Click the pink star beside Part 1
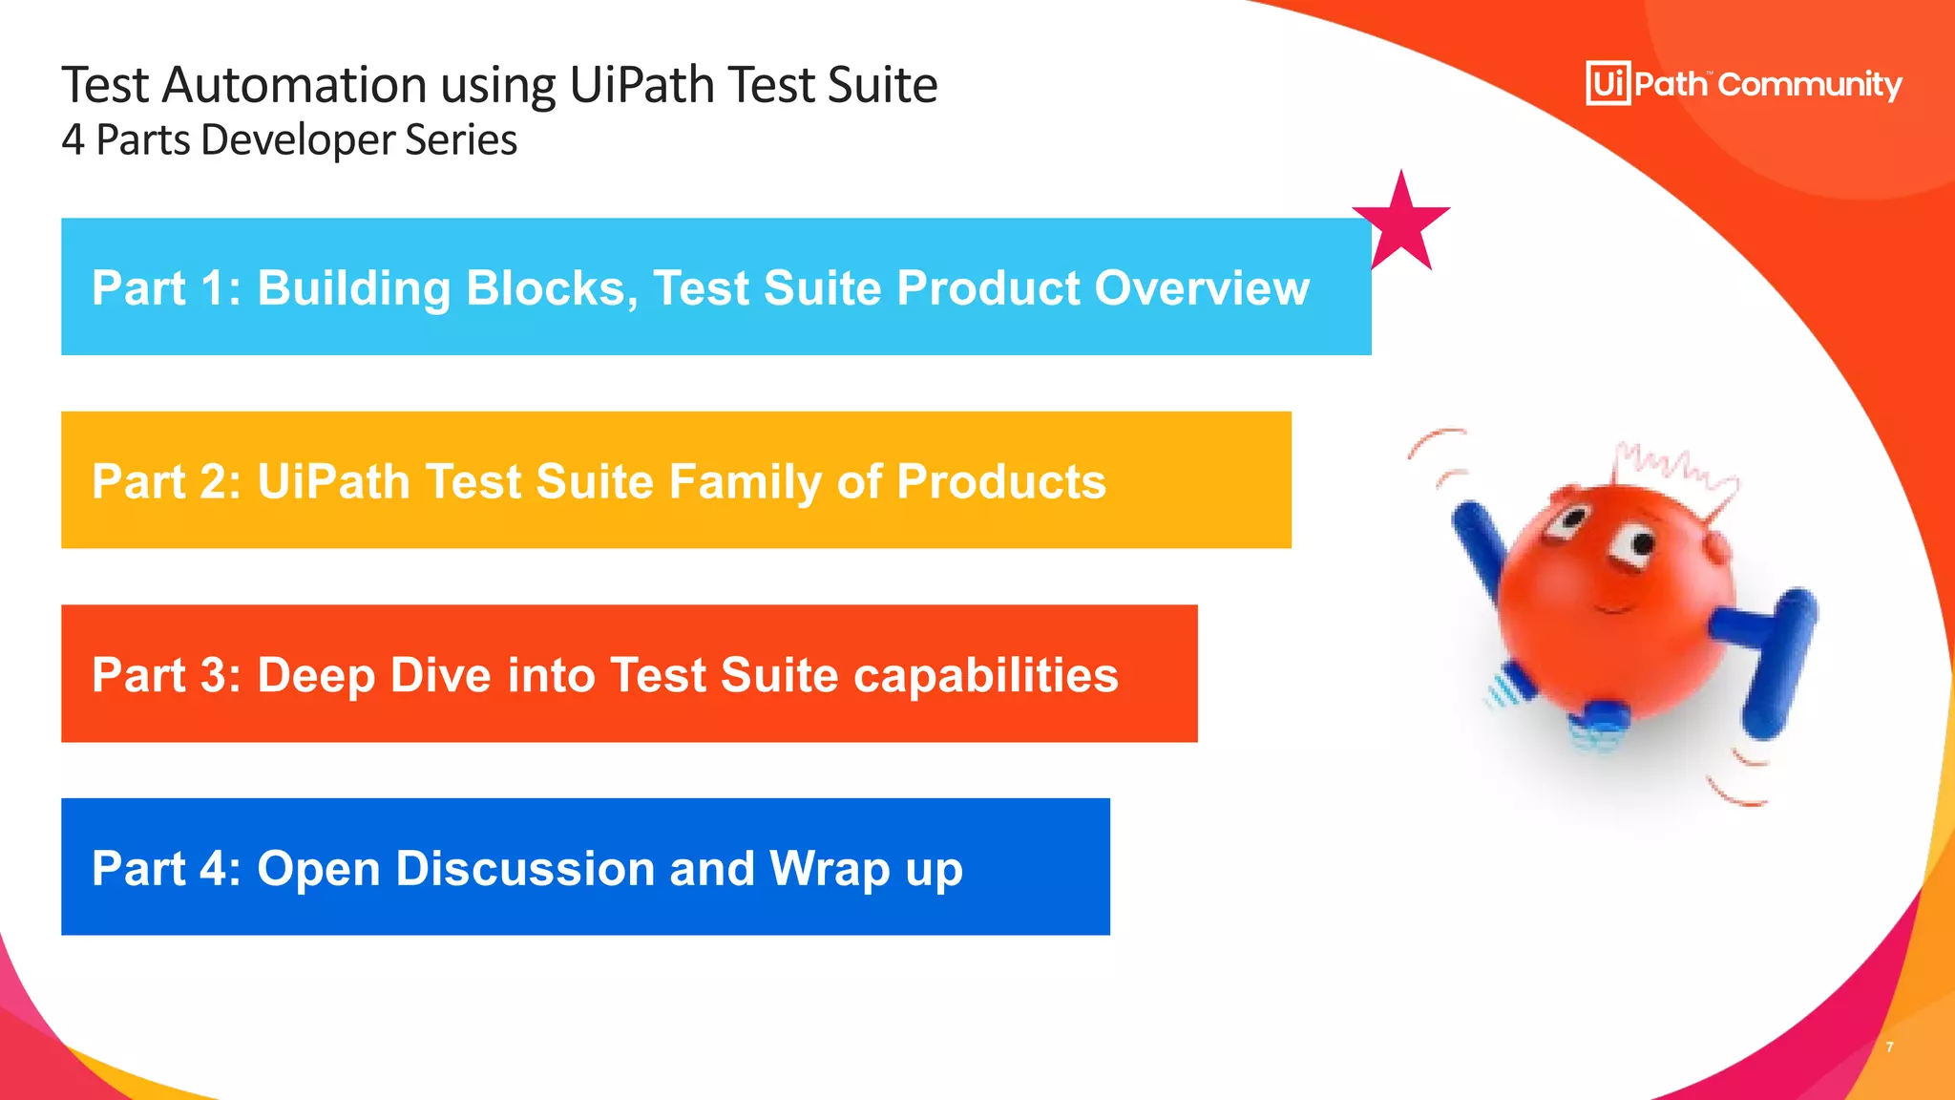pos(1401,223)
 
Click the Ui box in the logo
pos(1608,84)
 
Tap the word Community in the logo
pos(1810,85)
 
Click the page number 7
pos(1889,1047)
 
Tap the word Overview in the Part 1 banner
pos(1202,287)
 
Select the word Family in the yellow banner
pos(745,481)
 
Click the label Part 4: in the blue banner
pos(166,868)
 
